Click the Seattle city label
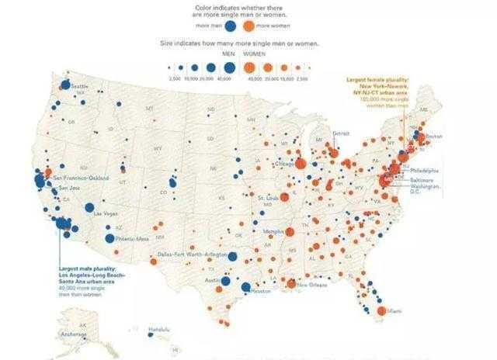tap(80, 86)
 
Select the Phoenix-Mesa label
tap(132, 239)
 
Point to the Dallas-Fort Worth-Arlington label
tap(190, 254)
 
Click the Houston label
tap(261, 292)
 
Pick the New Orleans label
tap(311, 285)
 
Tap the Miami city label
tap(395, 310)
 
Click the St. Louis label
tap(268, 198)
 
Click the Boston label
tap(433, 137)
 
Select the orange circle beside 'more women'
tap(258, 25)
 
